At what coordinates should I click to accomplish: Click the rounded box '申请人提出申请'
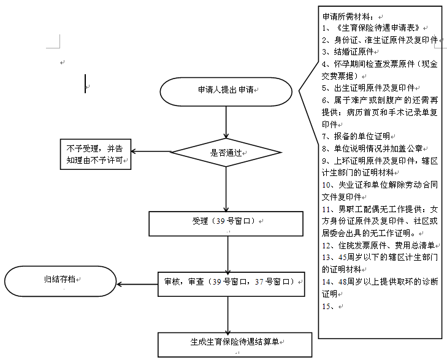(x=226, y=92)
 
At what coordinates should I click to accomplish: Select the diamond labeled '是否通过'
(x=226, y=153)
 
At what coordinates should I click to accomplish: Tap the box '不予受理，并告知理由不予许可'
(x=96, y=154)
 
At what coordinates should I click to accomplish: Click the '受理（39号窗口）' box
(x=226, y=224)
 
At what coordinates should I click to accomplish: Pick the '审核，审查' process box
(x=231, y=284)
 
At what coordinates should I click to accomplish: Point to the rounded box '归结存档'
(x=61, y=281)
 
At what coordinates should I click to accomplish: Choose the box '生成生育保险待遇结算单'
(x=235, y=345)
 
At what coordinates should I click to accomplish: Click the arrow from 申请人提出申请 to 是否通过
(x=226, y=122)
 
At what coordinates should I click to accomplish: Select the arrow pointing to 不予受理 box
(x=151, y=151)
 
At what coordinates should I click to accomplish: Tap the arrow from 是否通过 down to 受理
(x=226, y=189)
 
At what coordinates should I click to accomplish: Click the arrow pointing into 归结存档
(x=137, y=284)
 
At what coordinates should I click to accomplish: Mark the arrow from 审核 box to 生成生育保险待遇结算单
(x=227, y=315)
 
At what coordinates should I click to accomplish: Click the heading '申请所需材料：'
(x=348, y=17)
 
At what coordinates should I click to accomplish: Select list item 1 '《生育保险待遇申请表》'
(x=378, y=28)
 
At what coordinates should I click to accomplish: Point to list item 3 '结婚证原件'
(x=354, y=52)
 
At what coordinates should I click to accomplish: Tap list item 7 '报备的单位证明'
(x=362, y=136)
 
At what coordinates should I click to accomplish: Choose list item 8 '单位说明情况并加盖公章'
(x=378, y=148)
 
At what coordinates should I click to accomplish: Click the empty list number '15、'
(x=328, y=307)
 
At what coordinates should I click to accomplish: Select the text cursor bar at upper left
(x=85, y=83)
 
